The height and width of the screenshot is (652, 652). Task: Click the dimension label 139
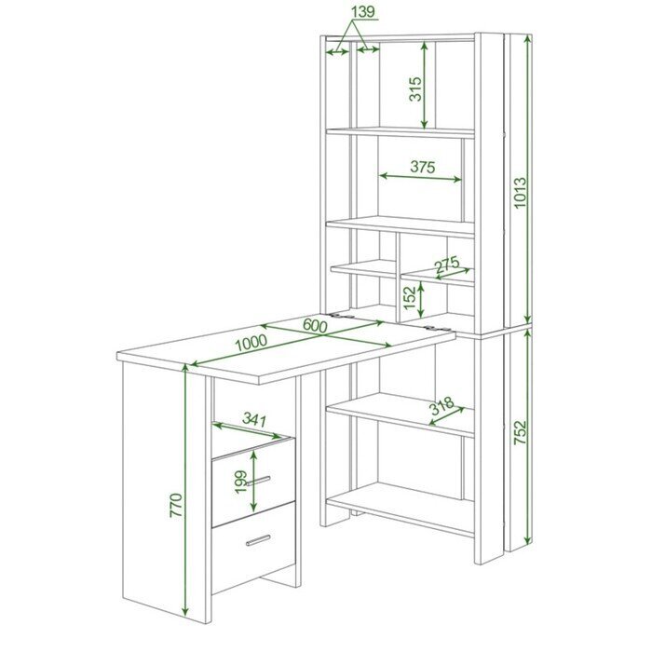(x=363, y=12)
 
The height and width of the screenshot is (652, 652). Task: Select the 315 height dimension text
(x=415, y=89)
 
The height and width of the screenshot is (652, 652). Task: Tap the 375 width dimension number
(x=423, y=167)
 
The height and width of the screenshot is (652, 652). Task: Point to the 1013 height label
(x=520, y=193)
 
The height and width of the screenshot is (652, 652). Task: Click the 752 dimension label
(x=520, y=433)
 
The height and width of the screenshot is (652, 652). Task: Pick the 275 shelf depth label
(x=447, y=265)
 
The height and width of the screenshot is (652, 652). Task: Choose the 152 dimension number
(x=410, y=298)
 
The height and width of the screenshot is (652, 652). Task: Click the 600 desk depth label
(x=315, y=325)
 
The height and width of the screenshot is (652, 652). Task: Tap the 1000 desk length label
(x=251, y=343)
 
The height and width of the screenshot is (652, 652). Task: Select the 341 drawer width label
(x=254, y=419)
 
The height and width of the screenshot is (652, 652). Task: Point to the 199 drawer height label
(x=241, y=482)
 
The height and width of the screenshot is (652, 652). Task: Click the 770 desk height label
(x=176, y=505)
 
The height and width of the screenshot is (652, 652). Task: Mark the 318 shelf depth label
(x=441, y=406)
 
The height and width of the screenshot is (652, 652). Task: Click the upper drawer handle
(x=258, y=481)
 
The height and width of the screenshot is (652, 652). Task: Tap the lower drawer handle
(x=258, y=539)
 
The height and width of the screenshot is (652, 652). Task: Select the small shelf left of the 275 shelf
(x=363, y=268)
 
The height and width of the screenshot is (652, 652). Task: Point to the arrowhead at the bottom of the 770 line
(x=185, y=611)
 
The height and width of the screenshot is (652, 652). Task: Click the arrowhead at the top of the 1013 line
(x=528, y=40)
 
